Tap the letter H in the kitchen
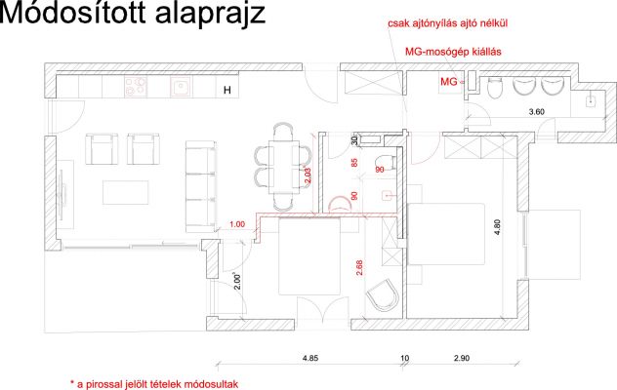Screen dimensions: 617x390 point(227,91)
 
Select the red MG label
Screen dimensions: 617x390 point(448,82)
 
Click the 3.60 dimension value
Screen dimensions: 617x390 point(536,112)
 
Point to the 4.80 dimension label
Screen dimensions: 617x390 point(497,227)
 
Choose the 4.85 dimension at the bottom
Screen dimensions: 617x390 point(310,358)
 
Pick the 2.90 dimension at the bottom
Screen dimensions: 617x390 point(462,358)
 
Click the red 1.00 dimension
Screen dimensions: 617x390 point(237,224)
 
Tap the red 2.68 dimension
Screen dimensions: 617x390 point(359,267)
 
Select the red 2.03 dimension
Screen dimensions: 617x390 point(308,175)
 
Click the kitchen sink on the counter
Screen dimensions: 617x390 point(181,87)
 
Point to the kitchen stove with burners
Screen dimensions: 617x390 point(136,87)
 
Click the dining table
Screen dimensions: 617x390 point(284,167)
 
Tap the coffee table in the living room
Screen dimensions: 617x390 point(126,192)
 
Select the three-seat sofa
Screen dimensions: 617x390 point(201,186)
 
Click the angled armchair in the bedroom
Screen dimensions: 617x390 point(383,295)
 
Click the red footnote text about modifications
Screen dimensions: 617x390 point(154,384)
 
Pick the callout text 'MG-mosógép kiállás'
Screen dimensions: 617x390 point(453,52)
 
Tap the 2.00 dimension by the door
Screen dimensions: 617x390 point(237,282)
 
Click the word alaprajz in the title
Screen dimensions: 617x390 point(211,15)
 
